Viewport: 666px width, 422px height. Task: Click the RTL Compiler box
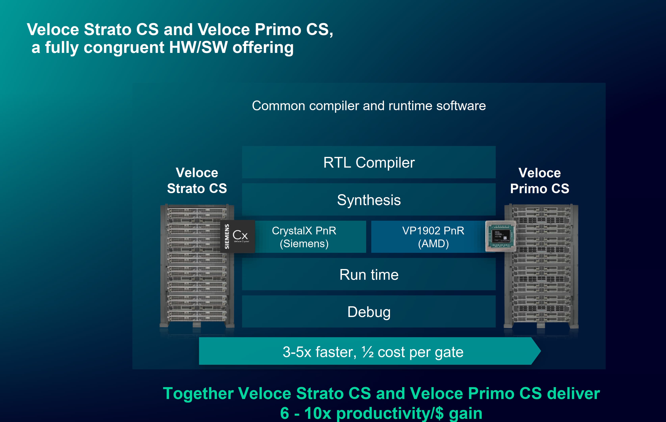tap(369, 162)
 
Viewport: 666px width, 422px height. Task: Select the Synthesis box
tap(369, 200)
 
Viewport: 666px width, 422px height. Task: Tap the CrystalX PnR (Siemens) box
tap(310, 237)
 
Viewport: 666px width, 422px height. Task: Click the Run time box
tap(369, 275)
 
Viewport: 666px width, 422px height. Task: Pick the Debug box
tap(369, 312)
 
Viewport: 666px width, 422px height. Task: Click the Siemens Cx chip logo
tap(238, 236)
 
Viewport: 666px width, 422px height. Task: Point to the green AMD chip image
tap(501, 236)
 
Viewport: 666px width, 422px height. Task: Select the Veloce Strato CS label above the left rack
tap(197, 181)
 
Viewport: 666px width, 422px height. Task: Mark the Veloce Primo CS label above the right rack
tap(540, 181)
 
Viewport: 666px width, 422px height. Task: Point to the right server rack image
tap(541, 276)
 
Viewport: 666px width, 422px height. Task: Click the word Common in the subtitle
tap(278, 106)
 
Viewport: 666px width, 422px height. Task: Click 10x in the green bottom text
tap(318, 413)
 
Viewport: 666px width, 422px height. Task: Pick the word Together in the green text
tap(198, 393)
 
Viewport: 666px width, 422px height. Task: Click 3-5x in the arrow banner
tap(297, 352)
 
